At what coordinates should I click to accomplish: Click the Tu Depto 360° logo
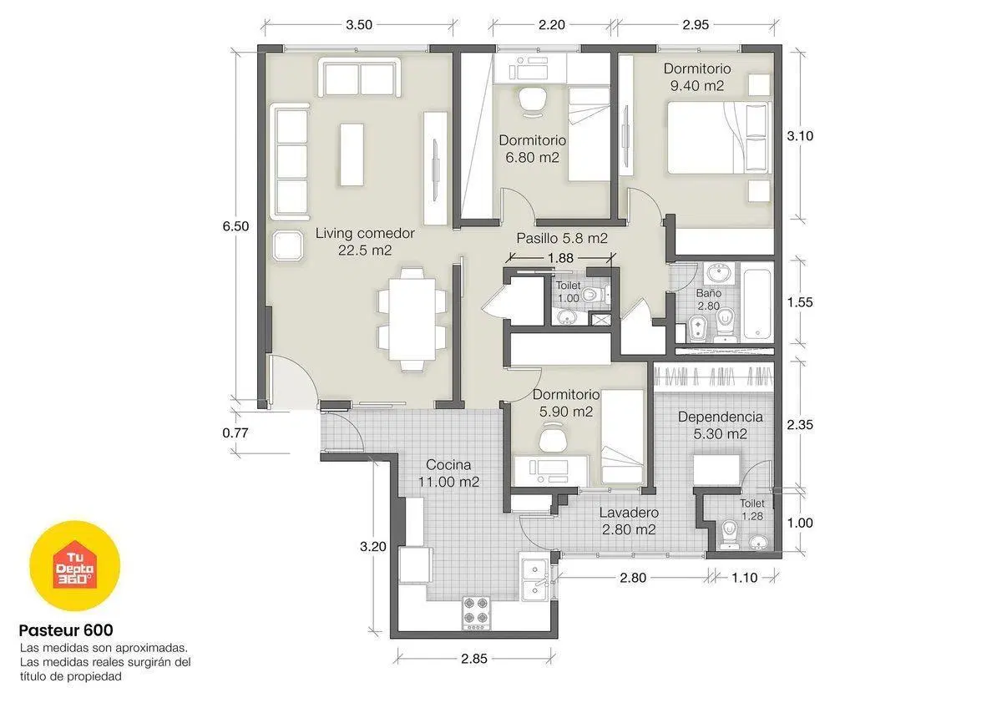click(x=74, y=565)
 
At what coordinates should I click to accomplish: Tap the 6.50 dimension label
click(x=235, y=226)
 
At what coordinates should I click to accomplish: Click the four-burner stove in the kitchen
click(x=475, y=613)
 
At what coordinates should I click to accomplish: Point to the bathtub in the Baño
click(x=757, y=302)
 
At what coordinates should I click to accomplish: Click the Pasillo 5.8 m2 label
click(x=562, y=239)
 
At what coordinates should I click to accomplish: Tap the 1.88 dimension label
click(x=560, y=258)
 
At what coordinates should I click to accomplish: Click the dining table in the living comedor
click(x=412, y=319)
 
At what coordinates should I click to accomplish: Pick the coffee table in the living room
click(x=352, y=154)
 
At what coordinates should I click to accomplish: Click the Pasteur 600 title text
click(x=66, y=630)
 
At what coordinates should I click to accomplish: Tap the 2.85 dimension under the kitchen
click(x=474, y=659)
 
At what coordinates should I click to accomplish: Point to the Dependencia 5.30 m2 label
click(x=720, y=425)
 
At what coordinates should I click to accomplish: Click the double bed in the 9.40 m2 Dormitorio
click(x=719, y=137)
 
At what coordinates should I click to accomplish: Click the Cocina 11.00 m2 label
click(x=448, y=473)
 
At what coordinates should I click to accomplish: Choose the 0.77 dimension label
click(x=235, y=433)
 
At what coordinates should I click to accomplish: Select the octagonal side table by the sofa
click(x=287, y=246)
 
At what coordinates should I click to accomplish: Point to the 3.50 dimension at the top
click(x=359, y=25)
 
